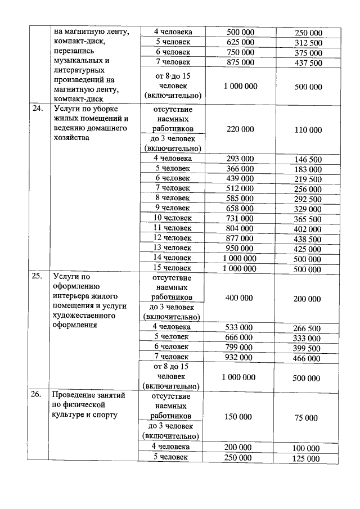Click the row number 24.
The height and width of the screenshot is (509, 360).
[x=36, y=109]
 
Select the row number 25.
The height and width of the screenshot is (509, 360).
[x=36, y=277]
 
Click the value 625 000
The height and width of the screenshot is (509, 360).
[x=240, y=42]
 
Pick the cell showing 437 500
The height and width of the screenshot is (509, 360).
[x=308, y=63]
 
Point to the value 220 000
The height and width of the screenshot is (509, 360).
[x=240, y=129]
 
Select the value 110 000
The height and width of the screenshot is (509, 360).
[x=308, y=129]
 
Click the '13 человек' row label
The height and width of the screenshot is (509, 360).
[x=173, y=247]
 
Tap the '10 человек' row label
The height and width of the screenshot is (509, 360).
[x=173, y=218]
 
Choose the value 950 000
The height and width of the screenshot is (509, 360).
[x=240, y=247]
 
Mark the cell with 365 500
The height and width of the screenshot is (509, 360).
[x=308, y=219]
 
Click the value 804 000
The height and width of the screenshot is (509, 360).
[x=240, y=228]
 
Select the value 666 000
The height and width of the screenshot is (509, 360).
[x=240, y=337]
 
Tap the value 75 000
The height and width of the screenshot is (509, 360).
[x=308, y=418]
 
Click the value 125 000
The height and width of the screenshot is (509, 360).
[x=308, y=459]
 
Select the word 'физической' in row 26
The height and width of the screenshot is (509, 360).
[x=80, y=405]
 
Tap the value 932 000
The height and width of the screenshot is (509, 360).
[x=240, y=357]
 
